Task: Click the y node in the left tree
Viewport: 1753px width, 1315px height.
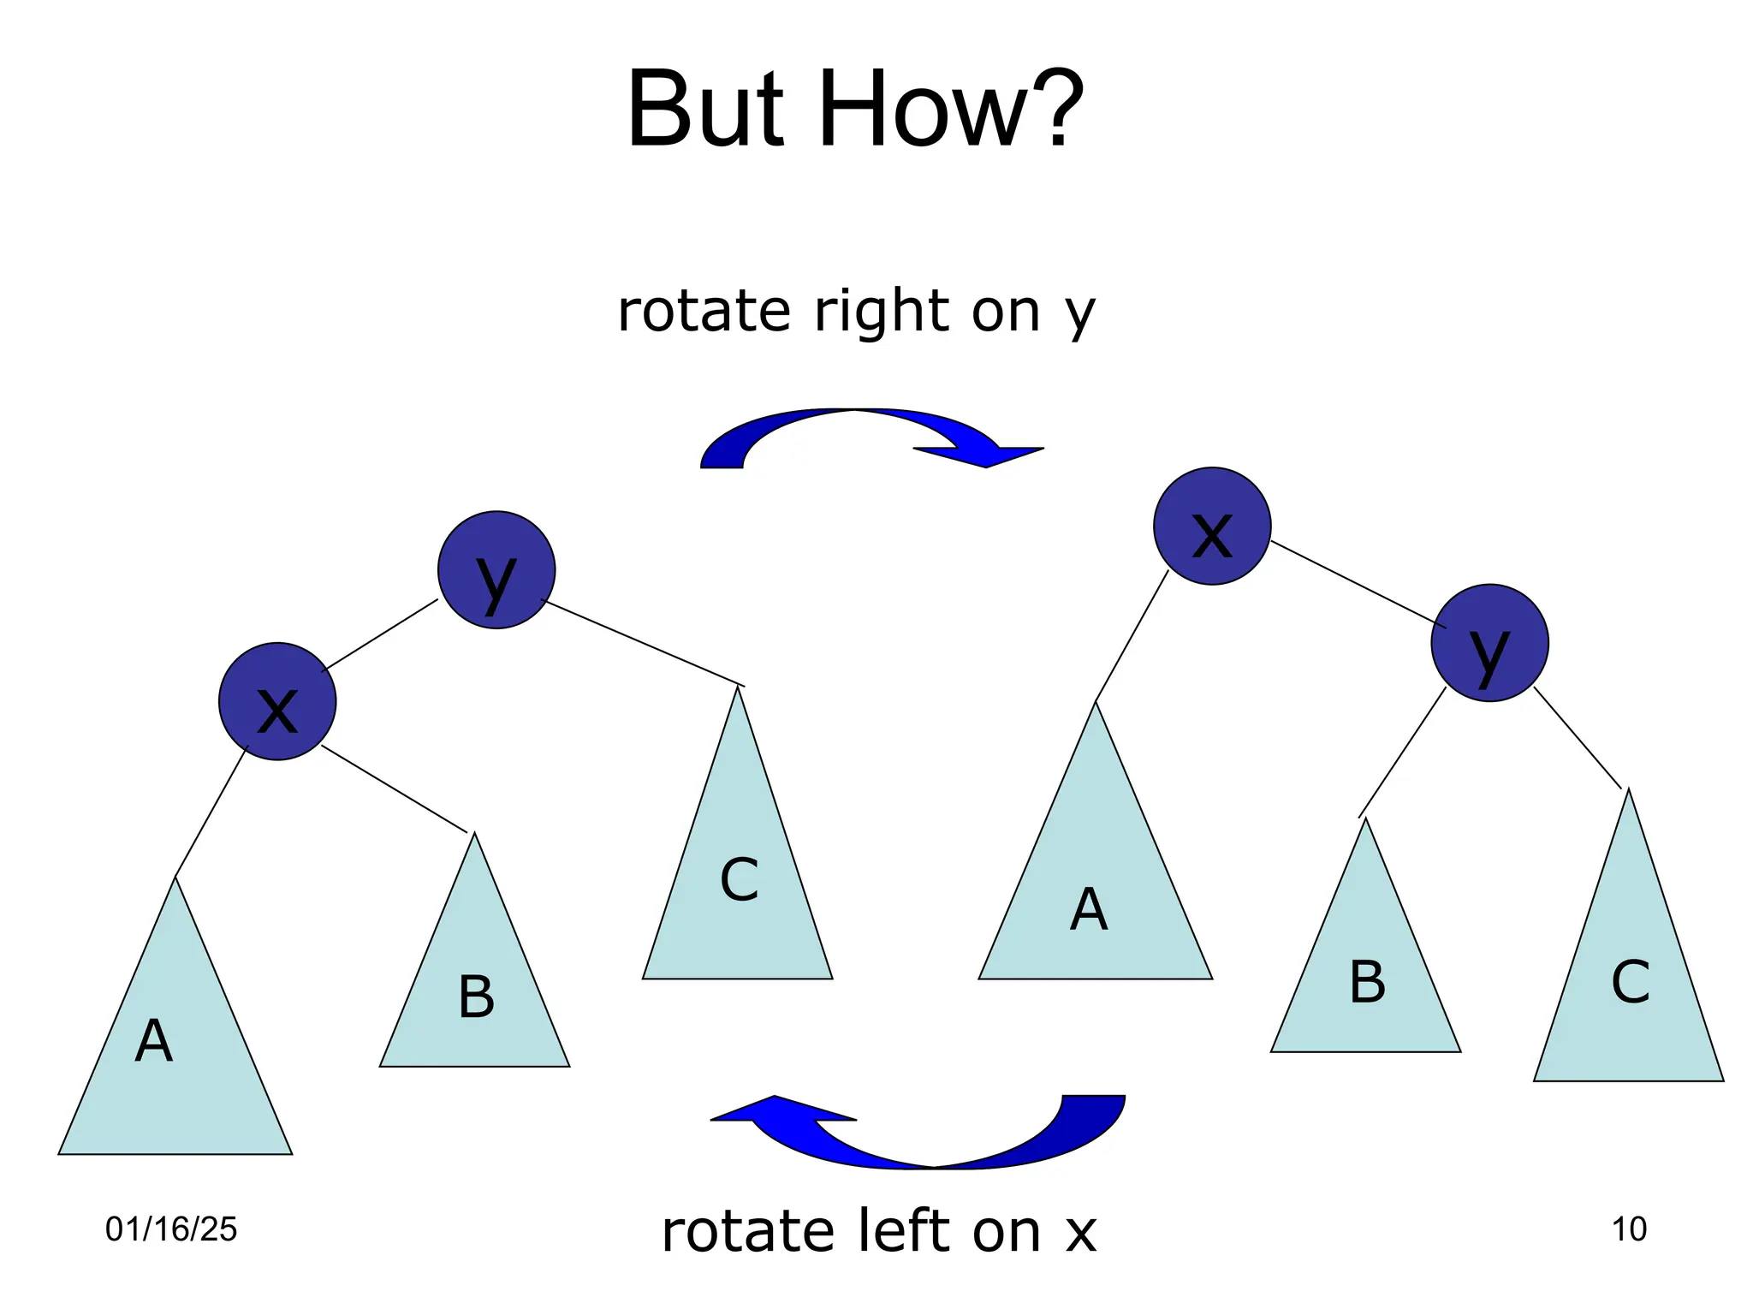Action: click(x=496, y=570)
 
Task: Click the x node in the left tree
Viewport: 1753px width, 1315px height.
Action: click(x=277, y=701)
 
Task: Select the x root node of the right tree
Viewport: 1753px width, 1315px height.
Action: click(x=1212, y=526)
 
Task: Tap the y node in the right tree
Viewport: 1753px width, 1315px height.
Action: click(x=1489, y=643)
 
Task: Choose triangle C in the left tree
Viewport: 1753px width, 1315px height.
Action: click(x=738, y=890)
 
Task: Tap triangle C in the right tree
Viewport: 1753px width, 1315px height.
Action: click(x=1628, y=985)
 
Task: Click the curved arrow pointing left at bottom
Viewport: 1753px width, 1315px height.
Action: click(x=924, y=1139)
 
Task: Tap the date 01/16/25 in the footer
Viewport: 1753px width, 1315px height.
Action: click(x=171, y=1229)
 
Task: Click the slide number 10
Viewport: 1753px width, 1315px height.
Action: click(x=1629, y=1229)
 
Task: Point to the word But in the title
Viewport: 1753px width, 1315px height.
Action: click(x=705, y=111)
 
